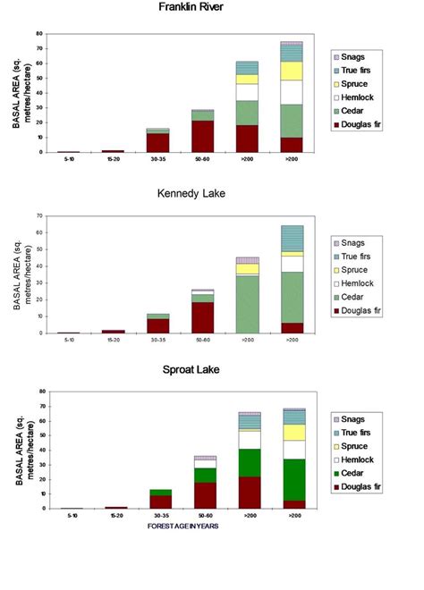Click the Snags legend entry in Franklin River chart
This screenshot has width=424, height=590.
360,55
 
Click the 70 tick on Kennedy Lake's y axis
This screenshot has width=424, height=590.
39,215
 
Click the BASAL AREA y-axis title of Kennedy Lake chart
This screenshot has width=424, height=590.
17,273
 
